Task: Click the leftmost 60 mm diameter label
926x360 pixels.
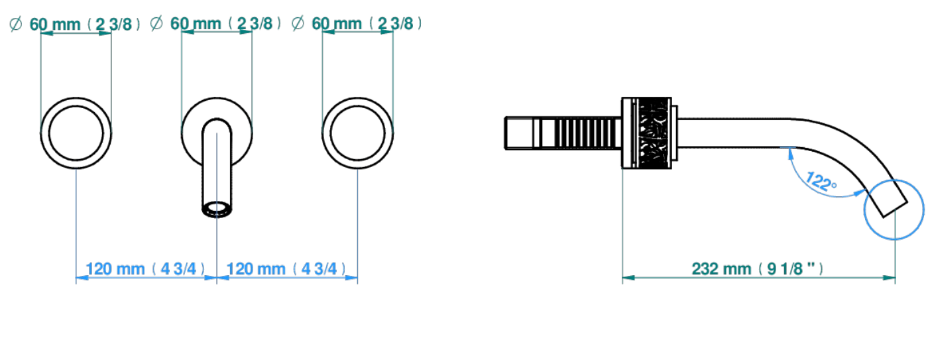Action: coord(74,24)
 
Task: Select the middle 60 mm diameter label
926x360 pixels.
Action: coord(215,24)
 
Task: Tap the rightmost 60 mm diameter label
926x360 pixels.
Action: coord(357,24)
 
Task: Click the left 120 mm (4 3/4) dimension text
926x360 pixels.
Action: coord(145,269)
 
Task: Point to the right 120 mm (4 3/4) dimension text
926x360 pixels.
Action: coord(286,269)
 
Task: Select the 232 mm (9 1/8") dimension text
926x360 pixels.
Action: coord(758,269)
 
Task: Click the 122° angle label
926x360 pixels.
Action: coord(821,182)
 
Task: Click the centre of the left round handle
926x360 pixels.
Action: coord(76,133)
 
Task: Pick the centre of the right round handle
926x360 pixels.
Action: coord(357,133)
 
